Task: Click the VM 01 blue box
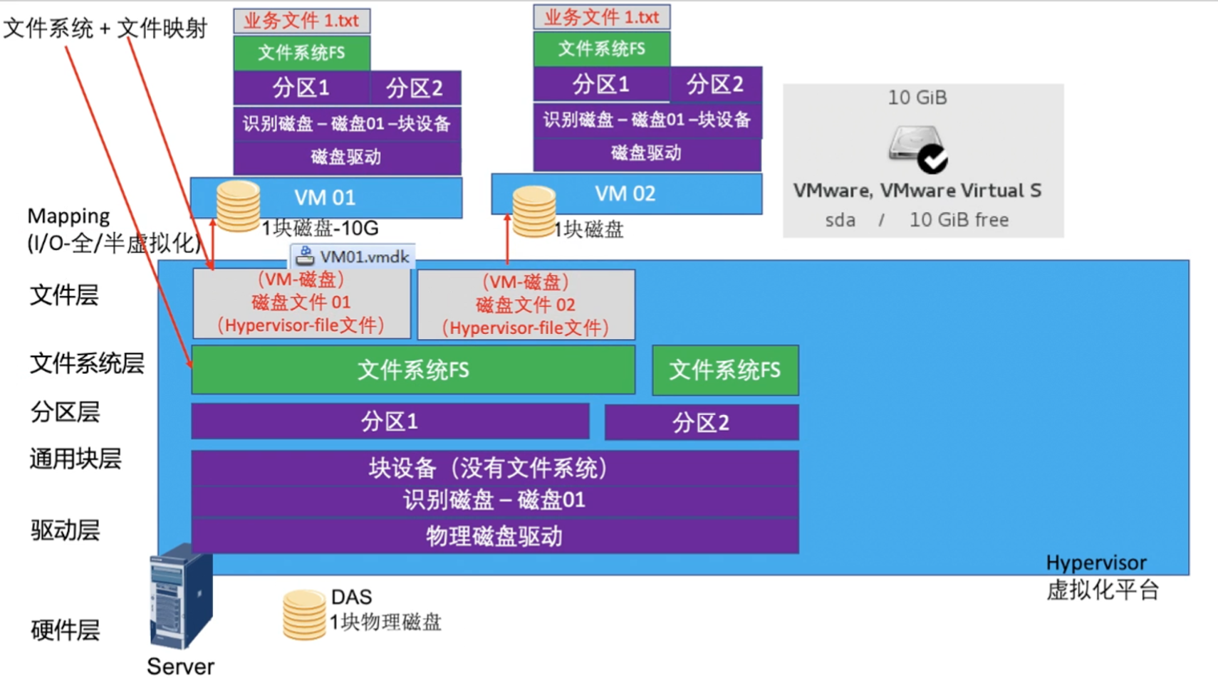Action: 326,197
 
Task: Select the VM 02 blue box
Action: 625,194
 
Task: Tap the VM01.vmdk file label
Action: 353,256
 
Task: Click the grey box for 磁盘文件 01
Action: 301,303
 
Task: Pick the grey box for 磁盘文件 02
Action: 526,305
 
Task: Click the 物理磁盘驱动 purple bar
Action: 494,536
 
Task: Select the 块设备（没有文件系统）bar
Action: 494,469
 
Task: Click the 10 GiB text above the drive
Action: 917,98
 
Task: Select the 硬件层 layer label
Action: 65,630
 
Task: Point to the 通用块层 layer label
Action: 76,459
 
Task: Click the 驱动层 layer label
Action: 65,530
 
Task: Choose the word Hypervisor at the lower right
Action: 1096,563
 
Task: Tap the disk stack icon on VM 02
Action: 533,211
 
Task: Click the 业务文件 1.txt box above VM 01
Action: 301,21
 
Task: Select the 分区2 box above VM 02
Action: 715,85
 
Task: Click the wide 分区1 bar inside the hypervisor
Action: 390,422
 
